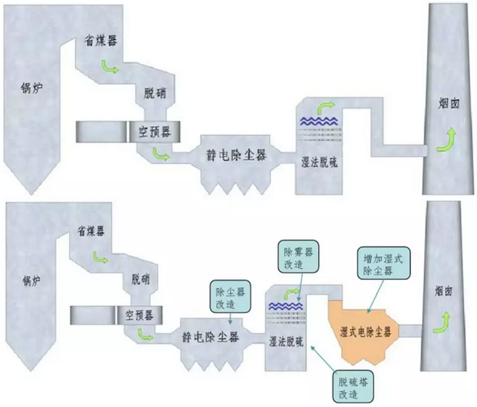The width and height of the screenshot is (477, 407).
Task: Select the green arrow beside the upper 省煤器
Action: (x=112, y=68)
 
